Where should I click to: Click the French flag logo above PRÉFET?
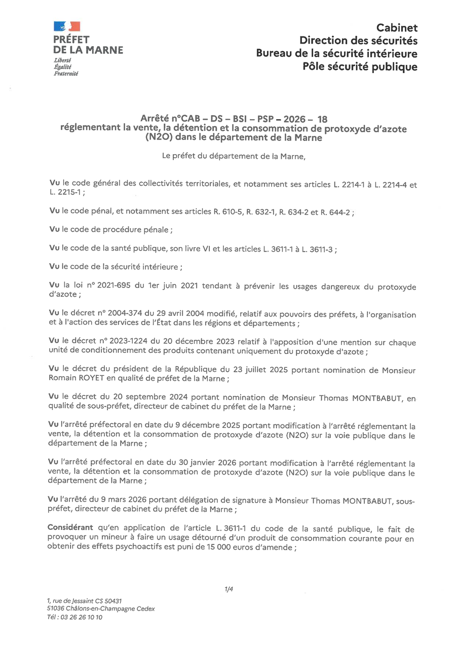[67, 26]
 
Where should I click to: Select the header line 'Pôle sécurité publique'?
[360, 66]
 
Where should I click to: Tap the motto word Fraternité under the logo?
[66, 74]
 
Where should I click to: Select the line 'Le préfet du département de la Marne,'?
[234, 157]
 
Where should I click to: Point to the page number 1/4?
[229, 589]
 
